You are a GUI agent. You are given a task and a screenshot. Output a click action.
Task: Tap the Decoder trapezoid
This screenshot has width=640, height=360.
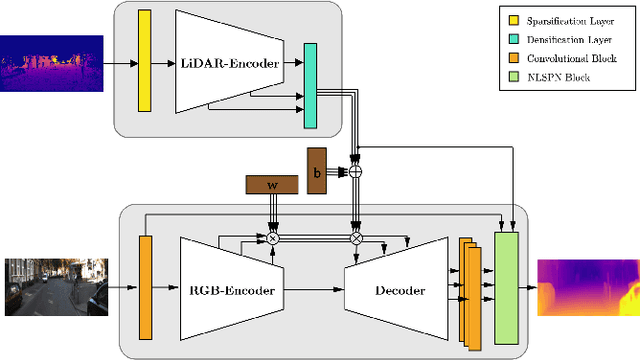pos(397,291)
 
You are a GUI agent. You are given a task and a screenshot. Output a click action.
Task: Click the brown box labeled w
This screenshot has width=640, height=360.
pos(272,184)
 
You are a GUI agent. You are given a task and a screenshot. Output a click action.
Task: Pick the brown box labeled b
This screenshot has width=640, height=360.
pos(317,171)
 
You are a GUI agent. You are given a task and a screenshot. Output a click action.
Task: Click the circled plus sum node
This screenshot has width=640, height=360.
pos(355,171)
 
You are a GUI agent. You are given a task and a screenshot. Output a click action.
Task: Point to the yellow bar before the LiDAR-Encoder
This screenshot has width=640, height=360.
pos(145,62)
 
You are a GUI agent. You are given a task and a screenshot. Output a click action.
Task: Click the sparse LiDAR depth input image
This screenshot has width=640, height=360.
pos(52,62)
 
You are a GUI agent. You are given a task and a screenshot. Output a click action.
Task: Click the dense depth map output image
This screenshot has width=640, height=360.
pos(587,287)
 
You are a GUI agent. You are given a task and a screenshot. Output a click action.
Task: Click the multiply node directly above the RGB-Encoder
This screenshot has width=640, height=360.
pos(271,239)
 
